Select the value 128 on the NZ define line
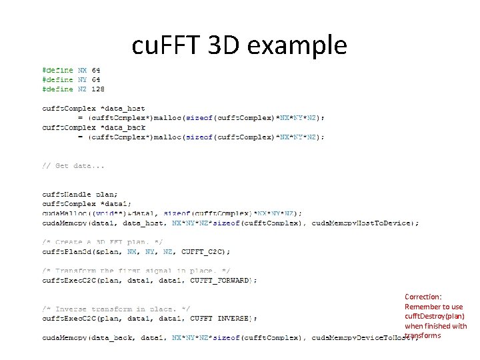(97, 89)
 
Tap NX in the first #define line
(82, 70)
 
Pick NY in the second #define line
(82, 79)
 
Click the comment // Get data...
(73, 165)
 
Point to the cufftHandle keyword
(66, 194)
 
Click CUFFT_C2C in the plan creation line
(207, 251)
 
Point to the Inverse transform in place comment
(116, 309)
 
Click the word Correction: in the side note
(423, 297)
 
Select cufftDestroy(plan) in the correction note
(435, 316)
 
